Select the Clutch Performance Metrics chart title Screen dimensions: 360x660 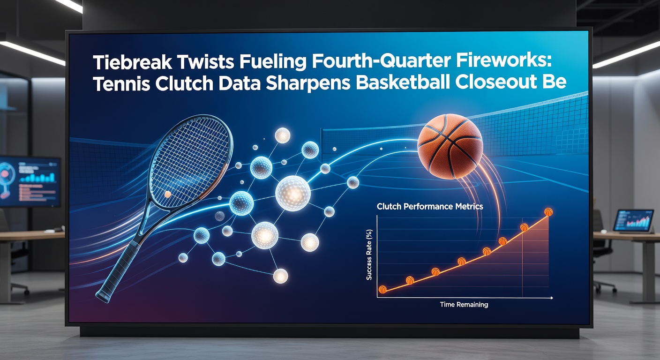[429, 206]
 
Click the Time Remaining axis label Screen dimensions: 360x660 [464, 305]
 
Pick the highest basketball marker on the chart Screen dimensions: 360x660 [548, 212]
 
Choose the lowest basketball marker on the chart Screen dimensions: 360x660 [382, 290]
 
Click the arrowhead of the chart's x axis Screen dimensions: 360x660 [552, 298]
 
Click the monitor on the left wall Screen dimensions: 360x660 [30, 182]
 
